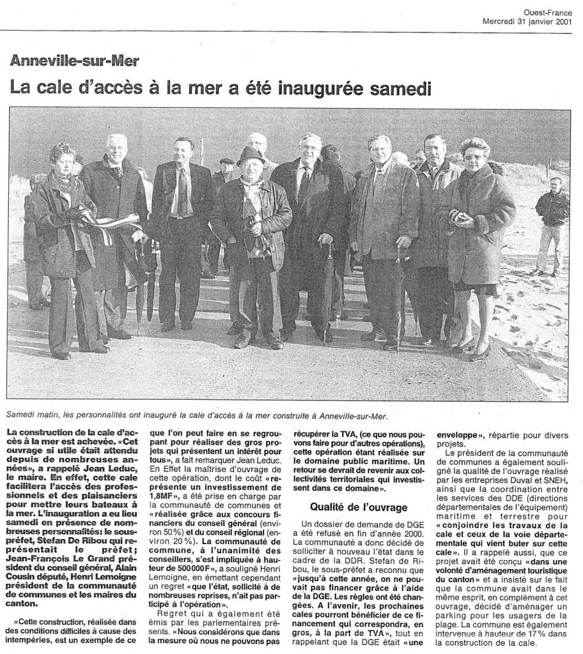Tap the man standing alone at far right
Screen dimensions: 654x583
point(551,224)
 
